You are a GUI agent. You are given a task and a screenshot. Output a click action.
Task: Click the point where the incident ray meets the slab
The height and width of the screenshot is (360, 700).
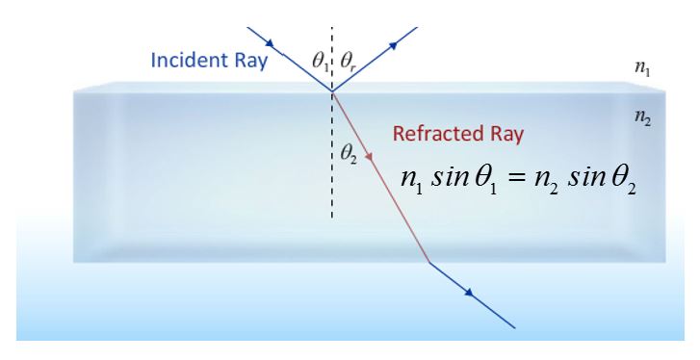333,92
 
